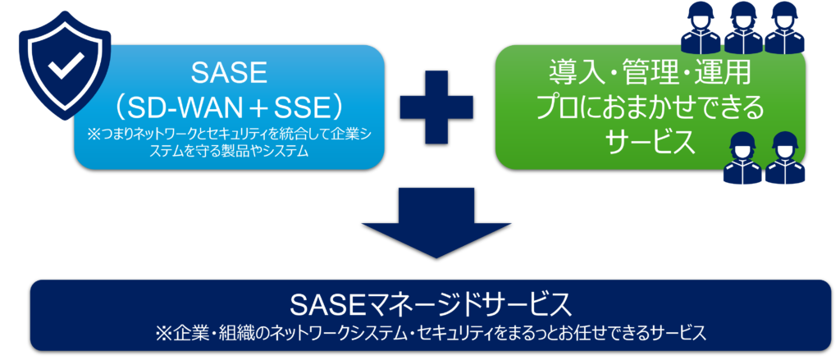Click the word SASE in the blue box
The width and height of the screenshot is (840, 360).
[x=229, y=74]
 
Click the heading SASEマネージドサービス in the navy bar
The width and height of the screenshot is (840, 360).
[x=430, y=305]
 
